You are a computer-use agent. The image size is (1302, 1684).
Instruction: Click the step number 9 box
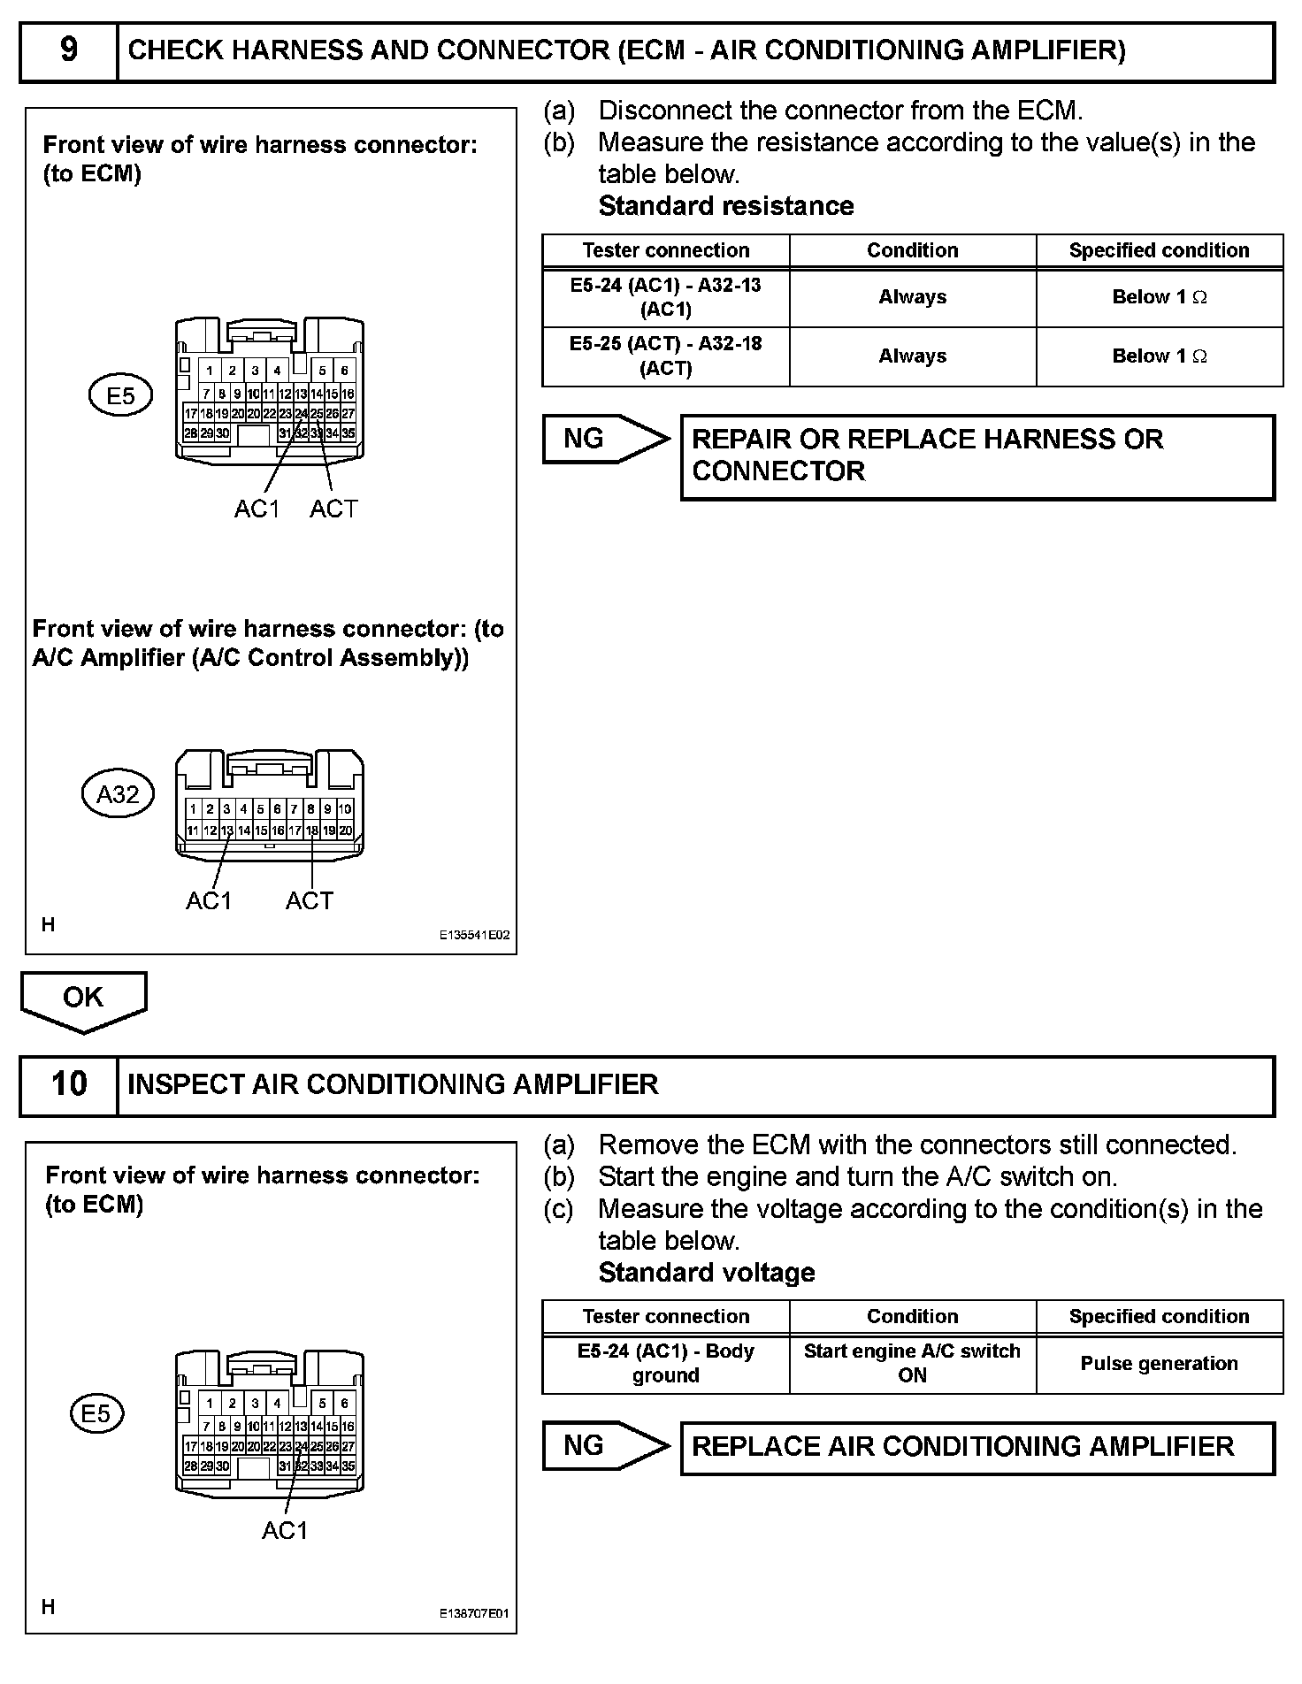68,50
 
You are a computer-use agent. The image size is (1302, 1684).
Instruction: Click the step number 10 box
68,1084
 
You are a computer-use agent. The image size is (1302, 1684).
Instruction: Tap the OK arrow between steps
83,1000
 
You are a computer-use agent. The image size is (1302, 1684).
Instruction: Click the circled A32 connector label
118,794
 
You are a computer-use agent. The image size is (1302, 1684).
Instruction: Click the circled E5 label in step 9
120,395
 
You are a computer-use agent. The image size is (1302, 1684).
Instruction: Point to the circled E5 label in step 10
96,1413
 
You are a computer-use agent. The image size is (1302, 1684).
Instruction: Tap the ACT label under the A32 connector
310,901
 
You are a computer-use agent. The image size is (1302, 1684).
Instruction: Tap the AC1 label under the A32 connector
209,901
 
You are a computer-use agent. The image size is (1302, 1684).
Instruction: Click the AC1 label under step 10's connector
285,1531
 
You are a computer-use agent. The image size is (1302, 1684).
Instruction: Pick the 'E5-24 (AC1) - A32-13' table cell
665,297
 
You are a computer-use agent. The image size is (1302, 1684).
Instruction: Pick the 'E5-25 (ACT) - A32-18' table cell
665,356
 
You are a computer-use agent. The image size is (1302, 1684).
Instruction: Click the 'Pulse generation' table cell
1159,1364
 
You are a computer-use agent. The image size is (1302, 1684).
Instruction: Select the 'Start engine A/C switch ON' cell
912,1364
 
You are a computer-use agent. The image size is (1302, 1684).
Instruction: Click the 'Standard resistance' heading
726,206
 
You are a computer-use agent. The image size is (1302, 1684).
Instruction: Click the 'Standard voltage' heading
707,1273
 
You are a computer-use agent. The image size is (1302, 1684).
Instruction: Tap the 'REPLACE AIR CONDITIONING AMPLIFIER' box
976,1447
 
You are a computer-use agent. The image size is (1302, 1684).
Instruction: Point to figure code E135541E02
475,935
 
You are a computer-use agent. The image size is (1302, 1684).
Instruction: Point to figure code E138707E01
475,1613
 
